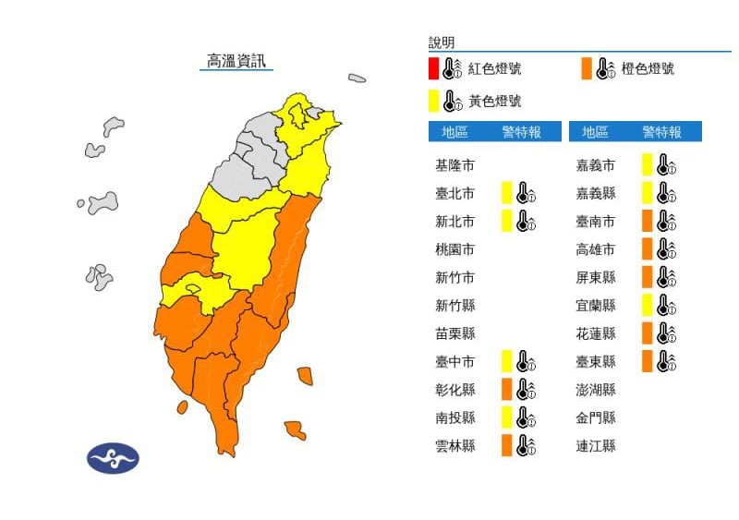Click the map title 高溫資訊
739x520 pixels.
(236, 61)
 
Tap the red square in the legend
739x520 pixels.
(433, 68)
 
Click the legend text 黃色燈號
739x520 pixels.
(494, 101)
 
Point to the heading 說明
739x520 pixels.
(442, 42)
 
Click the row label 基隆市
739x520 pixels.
(454, 165)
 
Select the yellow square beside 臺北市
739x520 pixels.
(506, 193)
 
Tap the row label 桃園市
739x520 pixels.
(454, 249)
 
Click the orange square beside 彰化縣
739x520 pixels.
(506, 389)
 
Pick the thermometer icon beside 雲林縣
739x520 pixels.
(526, 445)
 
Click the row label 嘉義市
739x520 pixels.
(596, 165)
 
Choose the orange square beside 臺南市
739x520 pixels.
(648, 221)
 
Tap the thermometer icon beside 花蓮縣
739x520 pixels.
(667, 333)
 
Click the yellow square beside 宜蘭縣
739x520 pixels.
(648, 305)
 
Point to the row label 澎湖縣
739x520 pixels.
(596, 389)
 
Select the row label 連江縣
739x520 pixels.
(596, 445)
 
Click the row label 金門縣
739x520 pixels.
(596, 417)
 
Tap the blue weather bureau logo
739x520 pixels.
(113, 458)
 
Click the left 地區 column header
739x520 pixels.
(454, 132)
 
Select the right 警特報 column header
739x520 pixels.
(661, 132)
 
